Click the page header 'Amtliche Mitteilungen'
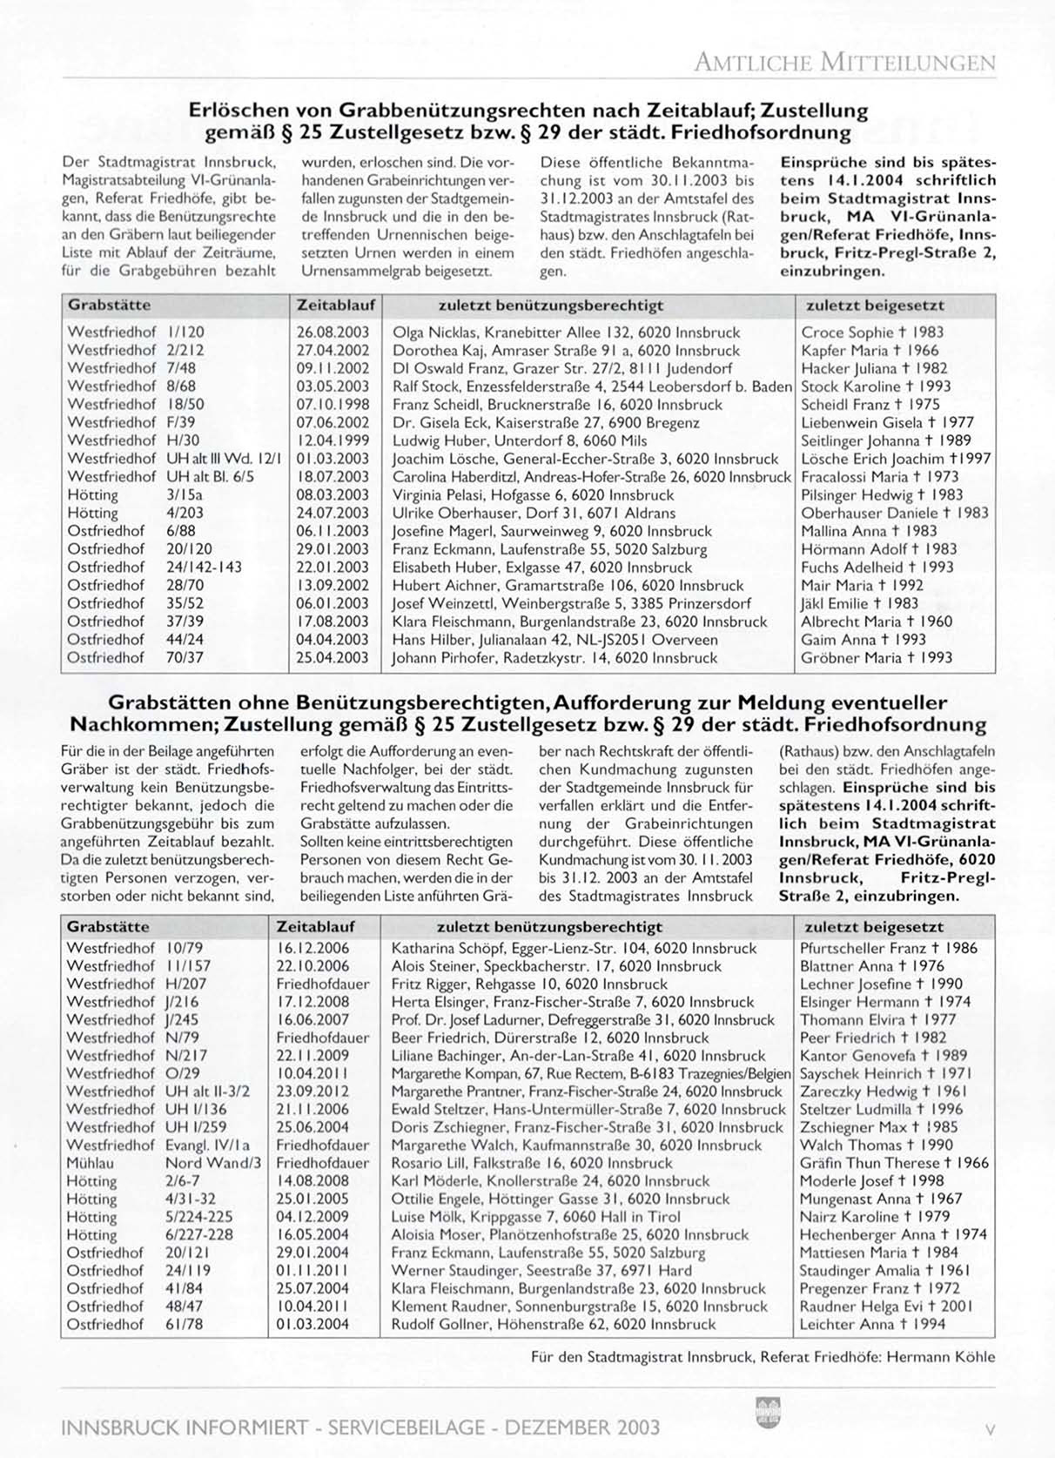pyautogui.click(x=843, y=62)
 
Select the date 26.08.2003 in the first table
pyautogui.click(x=333, y=333)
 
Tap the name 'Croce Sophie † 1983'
pyautogui.click(x=871, y=333)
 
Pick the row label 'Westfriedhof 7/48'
pyautogui.click(x=131, y=368)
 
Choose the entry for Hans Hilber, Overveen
pyautogui.click(x=554, y=640)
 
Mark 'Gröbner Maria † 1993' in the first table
pyautogui.click(x=877, y=658)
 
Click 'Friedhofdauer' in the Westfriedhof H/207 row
pyautogui.click(x=322, y=984)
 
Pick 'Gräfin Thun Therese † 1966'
pyautogui.click(x=882, y=1163)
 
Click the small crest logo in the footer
pyautogui.click(x=769, y=1411)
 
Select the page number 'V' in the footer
pyautogui.click(x=990, y=1428)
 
